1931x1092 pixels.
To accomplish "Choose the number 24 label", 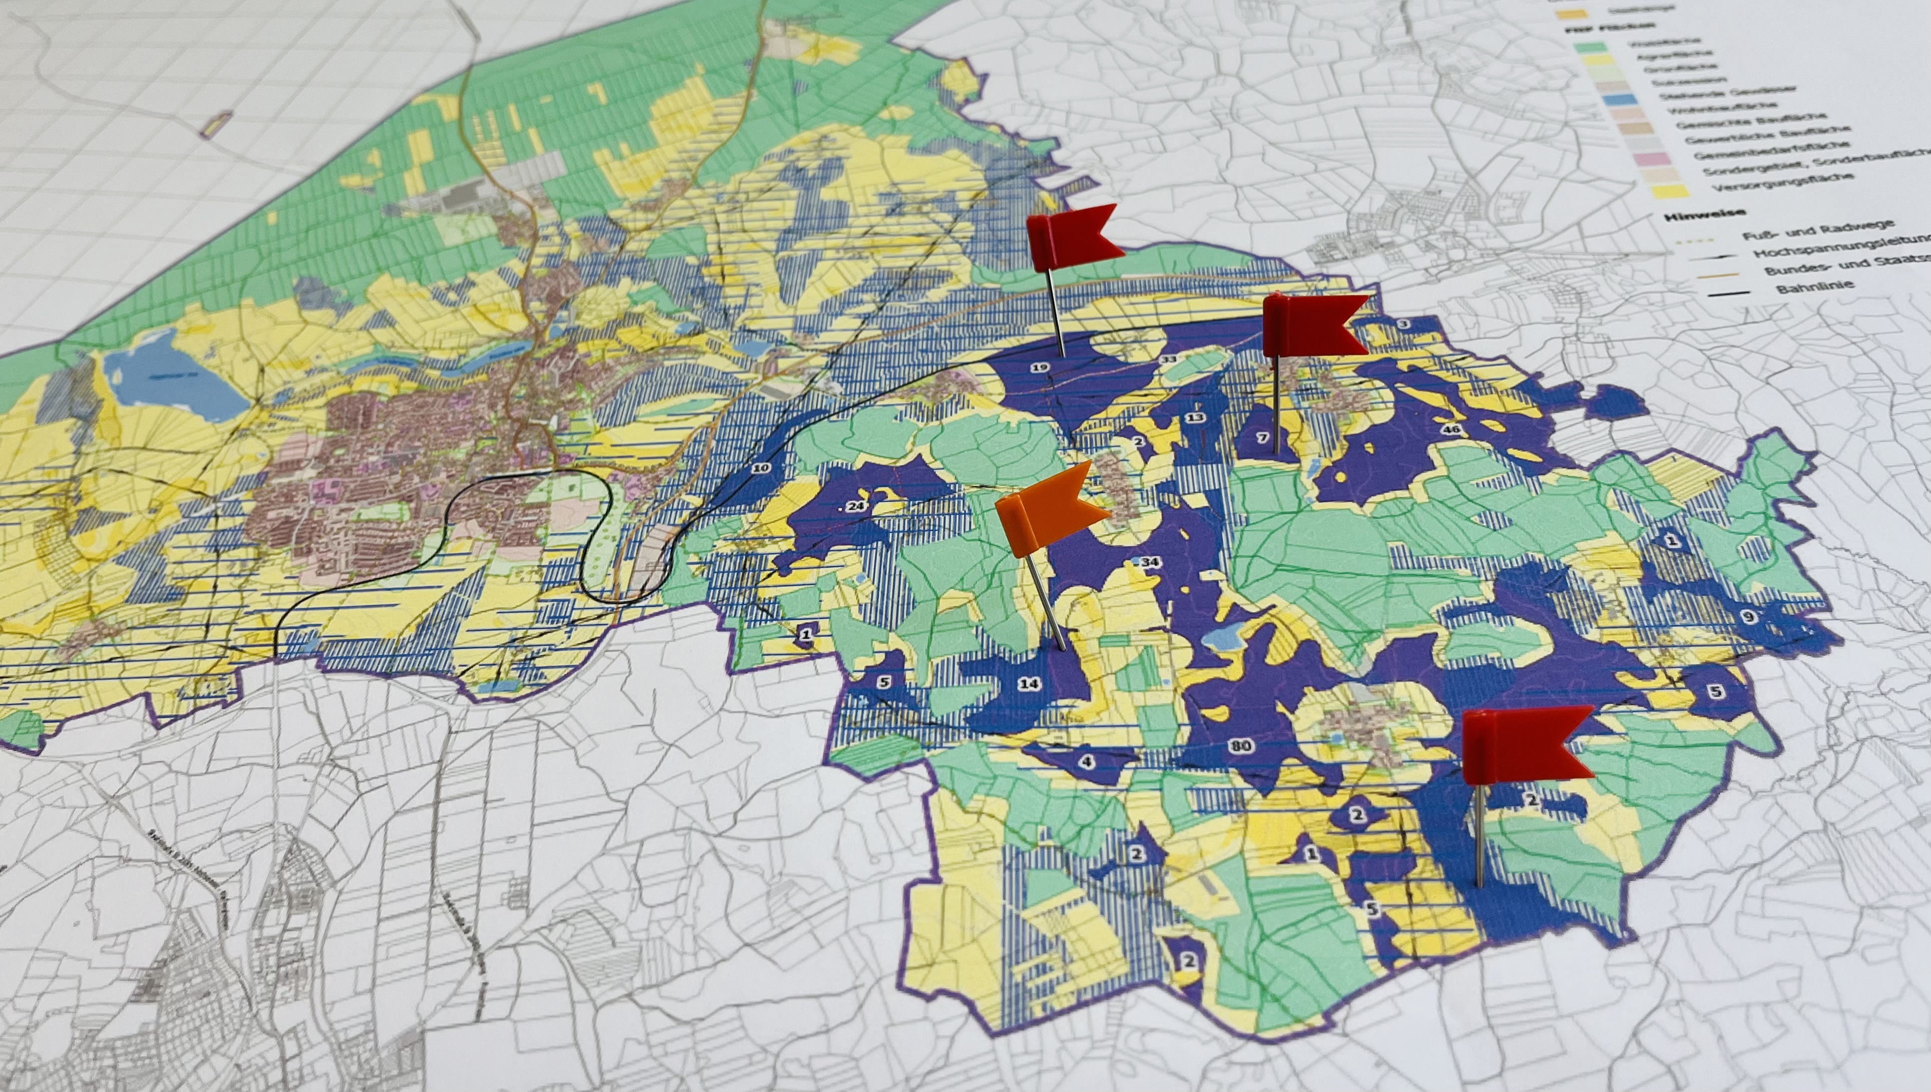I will (856, 506).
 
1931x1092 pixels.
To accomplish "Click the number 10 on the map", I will (761, 468).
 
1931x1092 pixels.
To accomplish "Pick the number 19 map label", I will (1039, 367).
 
